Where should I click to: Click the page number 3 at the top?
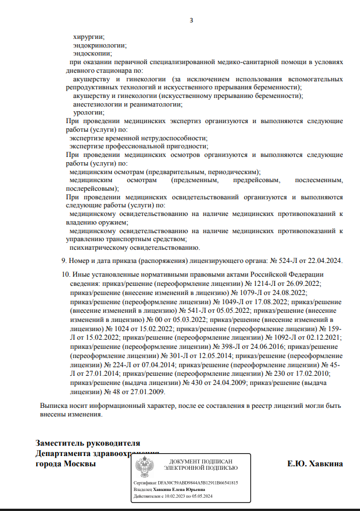pyautogui.click(x=191, y=21)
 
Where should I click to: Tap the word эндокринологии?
pyautogui.click(x=100, y=45)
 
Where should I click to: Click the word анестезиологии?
pyautogui.click(x=100, y=104)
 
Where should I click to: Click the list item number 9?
pyautogui.click(x=64, y=261)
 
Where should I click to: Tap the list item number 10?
pyautogui.click(x=65, y=275)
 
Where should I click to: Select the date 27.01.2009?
pyautogui.click(x=147, y=392)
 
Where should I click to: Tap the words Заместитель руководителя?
pyautogui.click(x=88, y=443)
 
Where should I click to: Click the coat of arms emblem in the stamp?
pyautogui.click(x=144, y=467)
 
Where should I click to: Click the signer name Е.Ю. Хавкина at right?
pyautogui.click(x=315, y=463)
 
